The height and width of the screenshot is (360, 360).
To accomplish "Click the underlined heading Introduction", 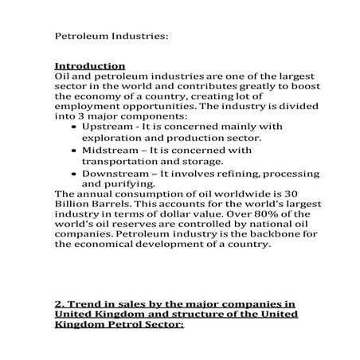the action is pyautogui.click(x=89, y=65).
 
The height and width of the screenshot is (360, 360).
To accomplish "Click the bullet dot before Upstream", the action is pyautogui.click(x=74, y=127).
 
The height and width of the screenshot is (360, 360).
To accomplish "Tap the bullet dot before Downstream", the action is pyautogui.click(x=74, y=174).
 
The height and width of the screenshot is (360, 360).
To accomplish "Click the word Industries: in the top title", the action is pyautogui.click(x=139, y=37).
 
